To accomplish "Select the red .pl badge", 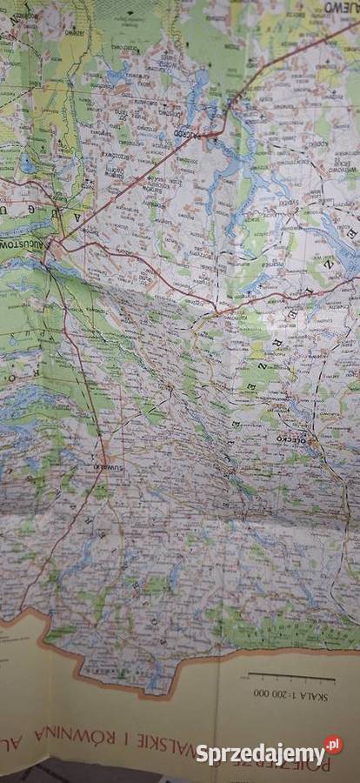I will click(x=333, y=746).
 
